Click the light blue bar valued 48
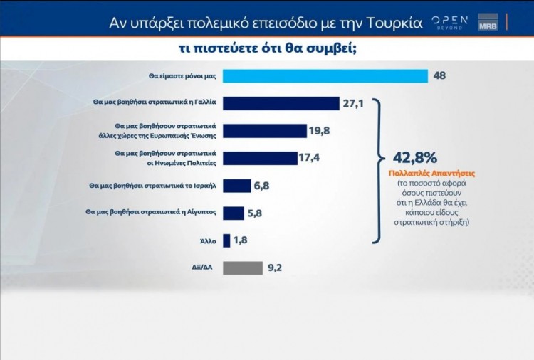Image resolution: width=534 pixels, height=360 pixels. coord(325,76)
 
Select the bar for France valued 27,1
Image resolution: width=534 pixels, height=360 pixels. coord(281,103)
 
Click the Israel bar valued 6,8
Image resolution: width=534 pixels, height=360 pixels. coord(236,186)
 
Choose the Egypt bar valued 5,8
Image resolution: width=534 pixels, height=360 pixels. coord(234,212)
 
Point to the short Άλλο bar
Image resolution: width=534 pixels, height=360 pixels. coord(226,240)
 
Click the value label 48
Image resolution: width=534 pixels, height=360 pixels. coord(439,76)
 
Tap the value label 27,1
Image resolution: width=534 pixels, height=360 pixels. coord(353,104)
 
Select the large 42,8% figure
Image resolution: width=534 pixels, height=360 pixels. coord(409,157)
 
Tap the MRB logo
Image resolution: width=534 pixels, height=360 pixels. coord(488,22)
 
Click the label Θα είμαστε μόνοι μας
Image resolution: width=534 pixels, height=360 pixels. coord(182,76)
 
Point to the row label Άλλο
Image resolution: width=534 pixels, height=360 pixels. coord(209,240)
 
